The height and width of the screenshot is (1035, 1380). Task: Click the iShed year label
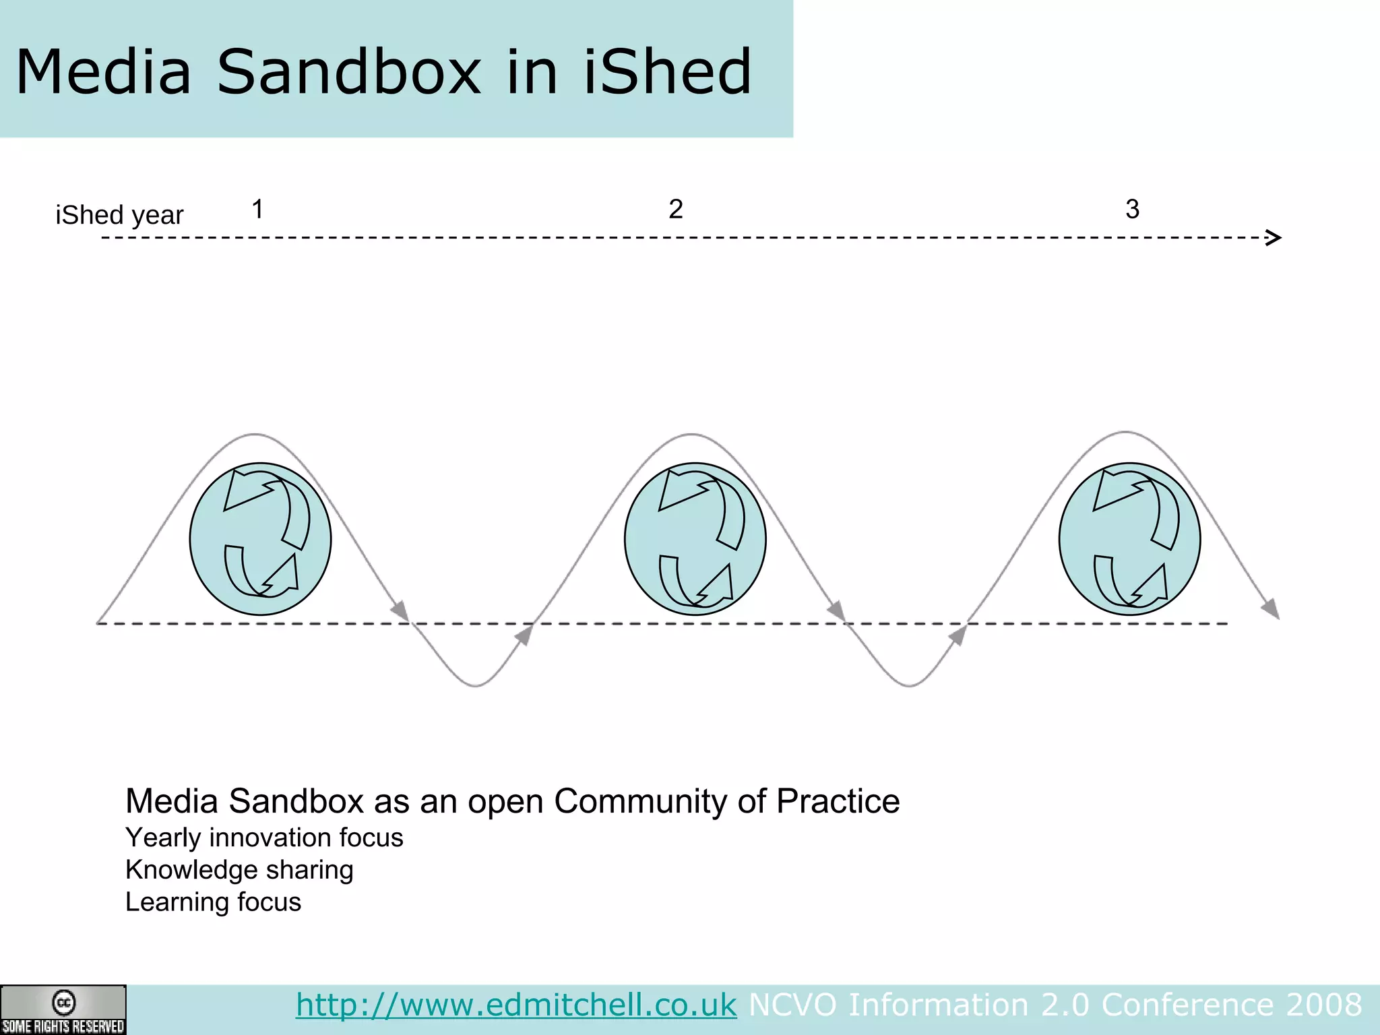coord(119,215)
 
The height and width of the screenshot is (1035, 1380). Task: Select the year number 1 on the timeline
coord(257,210)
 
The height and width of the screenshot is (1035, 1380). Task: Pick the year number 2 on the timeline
coord(675,209)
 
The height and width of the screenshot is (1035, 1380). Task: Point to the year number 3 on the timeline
coord(1132,209)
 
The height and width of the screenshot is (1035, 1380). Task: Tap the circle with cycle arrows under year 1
coord(260,538)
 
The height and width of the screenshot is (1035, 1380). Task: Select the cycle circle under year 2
coord(695,538)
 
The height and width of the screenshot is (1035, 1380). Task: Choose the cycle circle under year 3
coord(1129,538)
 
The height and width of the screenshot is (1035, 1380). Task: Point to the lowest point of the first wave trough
coord(476,685)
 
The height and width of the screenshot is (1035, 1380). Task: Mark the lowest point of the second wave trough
coord(910,685)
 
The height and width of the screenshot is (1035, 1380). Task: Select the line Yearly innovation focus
coord(264,838)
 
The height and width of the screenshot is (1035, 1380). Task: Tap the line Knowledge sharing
coord(239,870)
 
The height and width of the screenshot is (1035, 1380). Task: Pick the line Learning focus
coord(213,902)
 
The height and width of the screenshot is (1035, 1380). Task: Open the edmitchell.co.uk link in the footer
coord(516,1005)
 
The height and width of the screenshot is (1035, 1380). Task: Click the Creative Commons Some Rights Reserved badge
coord(63,1009)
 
